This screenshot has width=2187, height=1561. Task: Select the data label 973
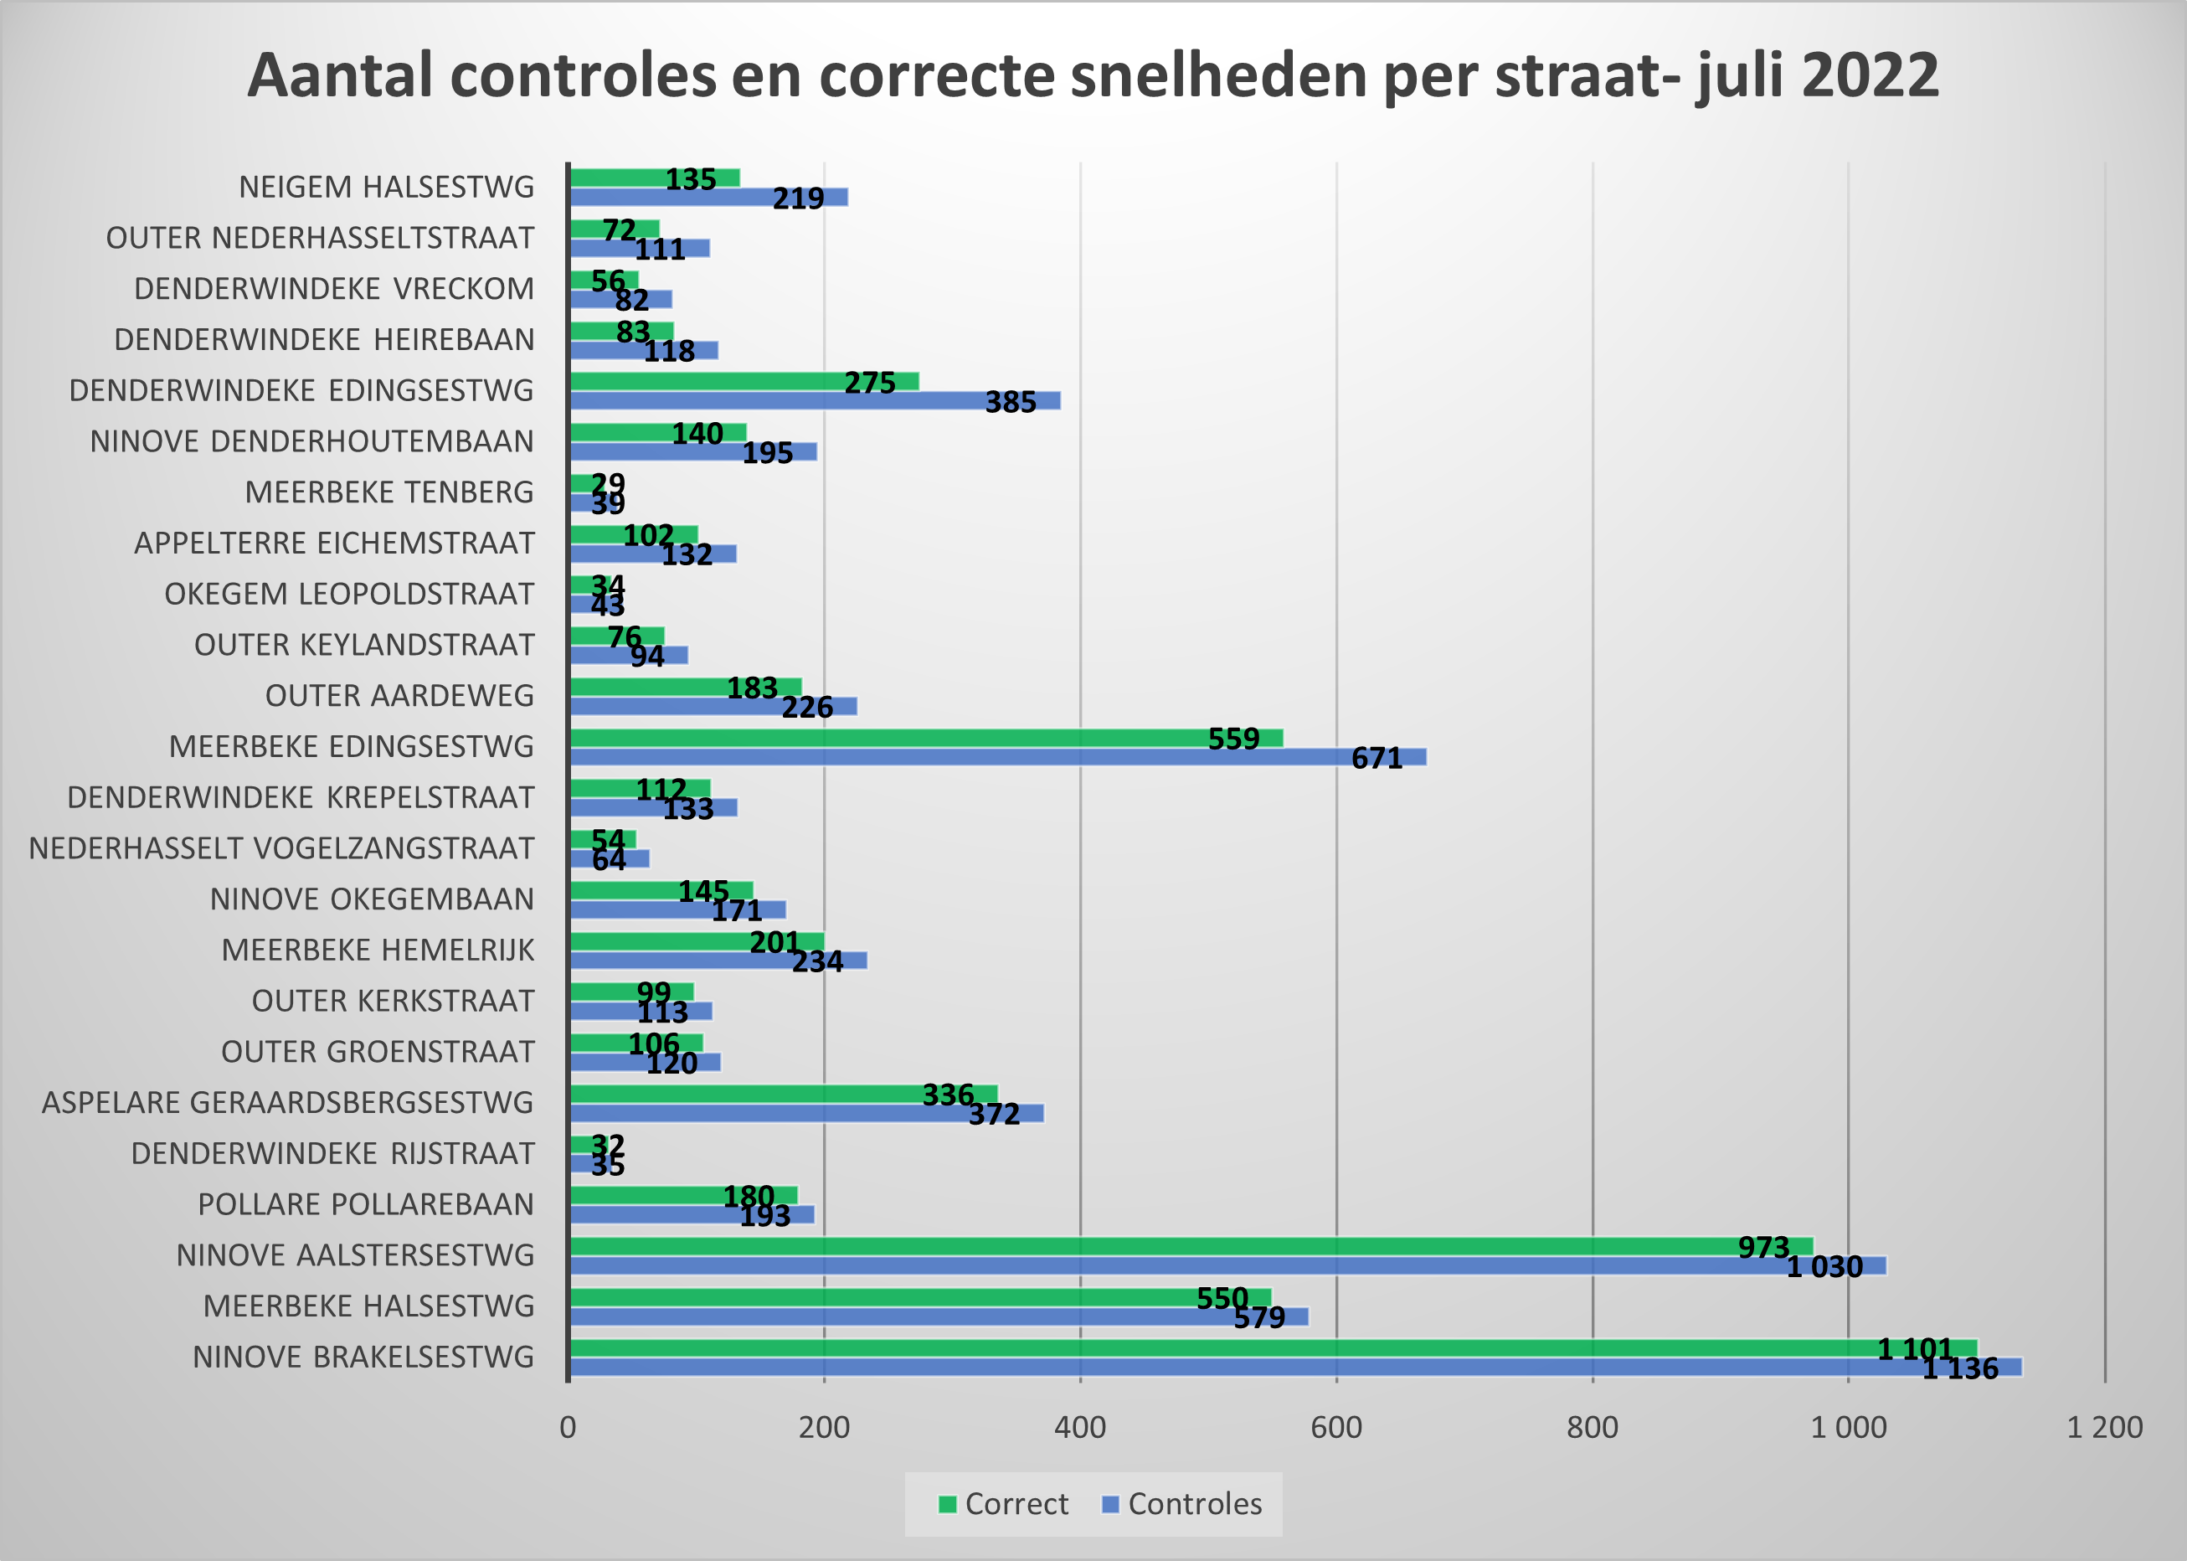pos(1763,1248)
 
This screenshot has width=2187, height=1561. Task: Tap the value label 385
pos(1010,402)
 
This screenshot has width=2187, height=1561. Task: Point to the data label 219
pos(798,198)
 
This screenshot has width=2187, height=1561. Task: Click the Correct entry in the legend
pos(1004,1504)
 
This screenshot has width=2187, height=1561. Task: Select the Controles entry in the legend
pos(1183,1504)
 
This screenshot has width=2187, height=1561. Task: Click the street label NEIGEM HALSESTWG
pos(386,187)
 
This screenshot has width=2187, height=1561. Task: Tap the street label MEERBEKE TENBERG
pos(389,492)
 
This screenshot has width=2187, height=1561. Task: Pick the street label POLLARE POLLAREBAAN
pos(365,1204)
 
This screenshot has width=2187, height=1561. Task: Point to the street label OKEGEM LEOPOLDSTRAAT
pos(349,594)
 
